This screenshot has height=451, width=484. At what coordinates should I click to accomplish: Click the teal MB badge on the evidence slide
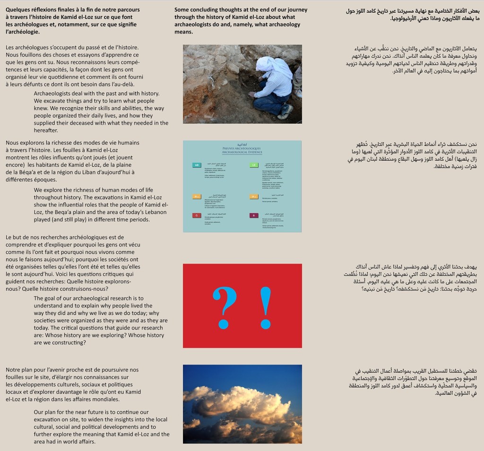pos(196,165)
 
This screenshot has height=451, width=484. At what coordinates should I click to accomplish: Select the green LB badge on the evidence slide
pos(254,165)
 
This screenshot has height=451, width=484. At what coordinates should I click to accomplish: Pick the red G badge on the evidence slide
pos(196,215)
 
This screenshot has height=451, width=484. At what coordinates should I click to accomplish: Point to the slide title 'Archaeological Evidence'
pos(242,153)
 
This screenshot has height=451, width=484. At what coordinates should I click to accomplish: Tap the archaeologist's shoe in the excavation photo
pos(285,112)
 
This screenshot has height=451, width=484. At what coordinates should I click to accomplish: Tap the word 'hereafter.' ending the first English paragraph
pos(46,130)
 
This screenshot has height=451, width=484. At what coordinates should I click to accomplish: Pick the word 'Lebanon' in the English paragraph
pos(155,212)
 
